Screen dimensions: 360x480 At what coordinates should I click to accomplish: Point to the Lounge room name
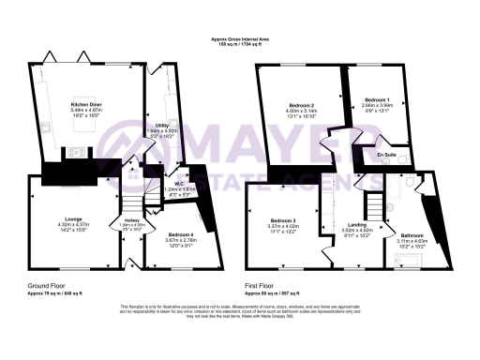(60, 219)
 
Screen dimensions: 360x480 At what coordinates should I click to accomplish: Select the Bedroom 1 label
(375, 98)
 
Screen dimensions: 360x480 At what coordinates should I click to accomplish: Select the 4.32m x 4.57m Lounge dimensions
(60, 225)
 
